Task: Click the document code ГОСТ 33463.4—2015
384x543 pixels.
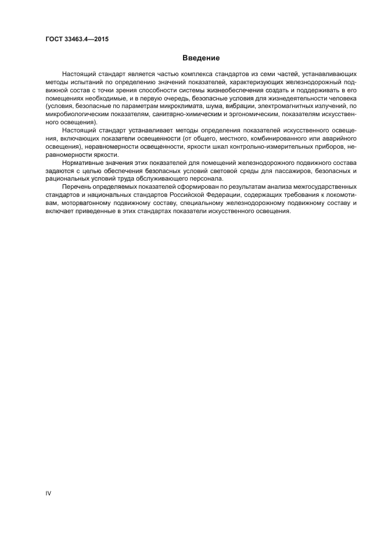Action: (x=77, y=40)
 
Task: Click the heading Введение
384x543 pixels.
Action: (x=201, y=58)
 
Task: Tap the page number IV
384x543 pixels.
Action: (x=49, y=493)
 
